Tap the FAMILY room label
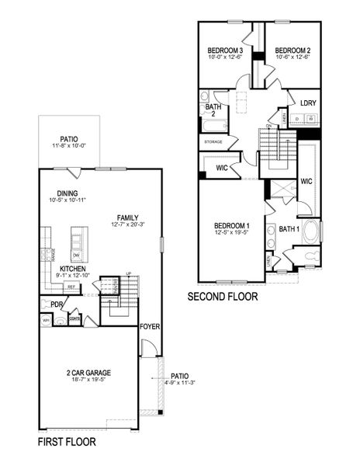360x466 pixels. click(x=128, y=217)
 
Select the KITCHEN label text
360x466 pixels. click(x=72, y=269)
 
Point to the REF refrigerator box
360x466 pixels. click(x=71, y=287)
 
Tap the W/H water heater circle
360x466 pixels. click(x=47, y=320)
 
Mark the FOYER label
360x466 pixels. click(x=150, y=327)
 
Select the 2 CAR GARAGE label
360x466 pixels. click(x=89, y=373)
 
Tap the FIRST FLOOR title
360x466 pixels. click(x=67, y=443)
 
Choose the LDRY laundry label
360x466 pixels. click(x=308, y=102)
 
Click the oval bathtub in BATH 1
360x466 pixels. click(x=310, y=232)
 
